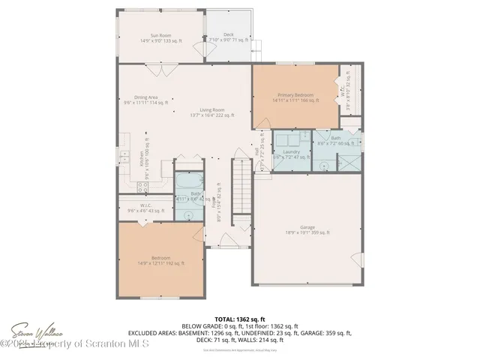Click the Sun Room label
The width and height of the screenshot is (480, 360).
coord(161,38)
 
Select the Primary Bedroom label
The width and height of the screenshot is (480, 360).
coord(295,97)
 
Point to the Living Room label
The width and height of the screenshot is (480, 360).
coord(211,112)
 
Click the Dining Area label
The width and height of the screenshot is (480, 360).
coord(146,99)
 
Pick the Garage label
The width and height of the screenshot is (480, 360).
coord(307,229)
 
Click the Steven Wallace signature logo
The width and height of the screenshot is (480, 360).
coord(35,332)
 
